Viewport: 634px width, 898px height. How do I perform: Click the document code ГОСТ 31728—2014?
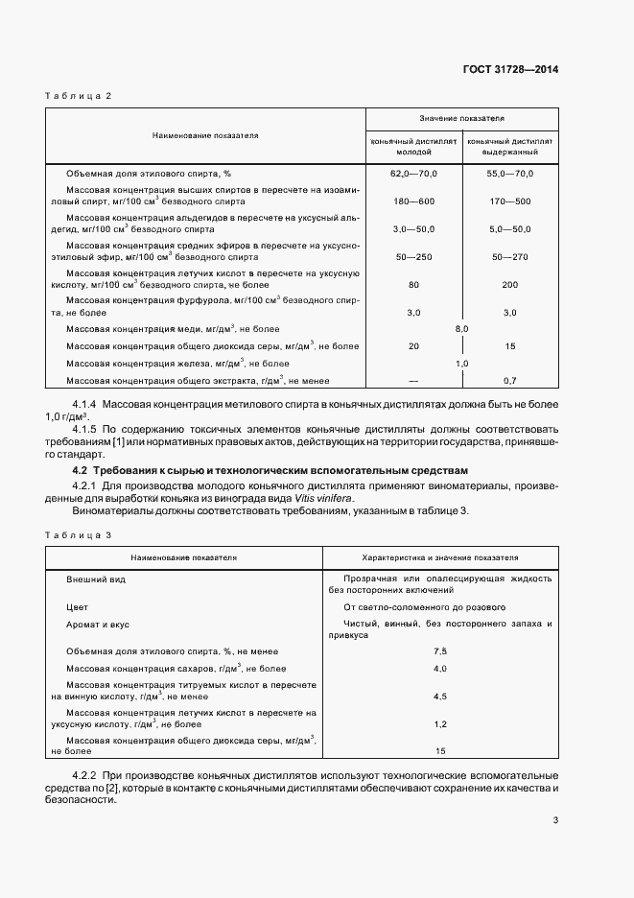pyautogui.click(x=513, y=69)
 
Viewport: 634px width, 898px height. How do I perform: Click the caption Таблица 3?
pyautogui.click(x=79, y=533)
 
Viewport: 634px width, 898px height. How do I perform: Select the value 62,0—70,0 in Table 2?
pyautogui.click(x=413, y=173)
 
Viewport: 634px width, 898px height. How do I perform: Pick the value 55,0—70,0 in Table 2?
pyautogui.click(x=509, y=173)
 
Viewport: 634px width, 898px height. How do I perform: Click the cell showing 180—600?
pyautogui.click(x=413, y=201)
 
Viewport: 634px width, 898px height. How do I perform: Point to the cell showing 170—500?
pyautogui.click(x=509, y=201)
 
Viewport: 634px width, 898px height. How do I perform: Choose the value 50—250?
pyautogui.click(x=413, y=257)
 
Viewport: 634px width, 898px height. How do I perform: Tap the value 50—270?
pyautogui.click(x=509, y=257)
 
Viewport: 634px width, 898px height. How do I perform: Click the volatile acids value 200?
pyautogui.click(x=509, y=285)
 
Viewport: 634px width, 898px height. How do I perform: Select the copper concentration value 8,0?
pyautogui.click(x=461, y=329)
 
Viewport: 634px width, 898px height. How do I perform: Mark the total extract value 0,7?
pyautogui.click(x=509, y=381)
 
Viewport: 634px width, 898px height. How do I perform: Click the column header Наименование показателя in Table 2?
pyautogui.click(x=205, y=135)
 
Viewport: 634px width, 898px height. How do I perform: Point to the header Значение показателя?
pyautogui.click(x=461, y=118)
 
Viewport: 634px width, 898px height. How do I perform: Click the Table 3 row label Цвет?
pyautogui.click(x=78, y=607)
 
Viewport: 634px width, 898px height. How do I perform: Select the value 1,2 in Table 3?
pyautogui.click(x=440, y=724)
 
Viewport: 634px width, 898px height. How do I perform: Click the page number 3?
pyautogui.click(x=555, y=820)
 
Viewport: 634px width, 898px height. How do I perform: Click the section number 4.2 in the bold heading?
pyautogui.click(x=81, y=471)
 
